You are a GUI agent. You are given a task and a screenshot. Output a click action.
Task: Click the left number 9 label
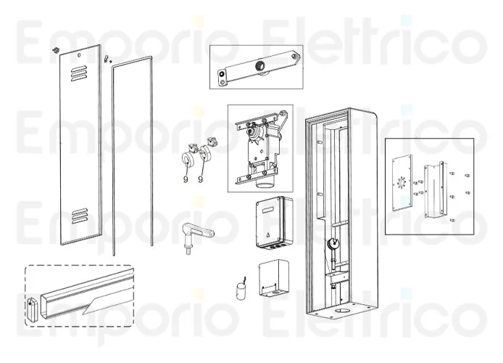tap(186, 179)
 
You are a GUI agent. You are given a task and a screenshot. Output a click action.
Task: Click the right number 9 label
tap(201, 179)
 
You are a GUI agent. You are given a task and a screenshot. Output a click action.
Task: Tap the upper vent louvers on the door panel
tap(78, 73)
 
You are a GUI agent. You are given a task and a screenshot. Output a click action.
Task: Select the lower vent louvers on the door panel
tap(80, 216)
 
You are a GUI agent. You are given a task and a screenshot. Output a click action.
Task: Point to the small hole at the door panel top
tap(79, 55)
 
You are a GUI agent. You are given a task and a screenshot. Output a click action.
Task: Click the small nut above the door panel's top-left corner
tap(57, 50)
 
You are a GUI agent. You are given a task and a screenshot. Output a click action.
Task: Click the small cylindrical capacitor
tap(241, 290)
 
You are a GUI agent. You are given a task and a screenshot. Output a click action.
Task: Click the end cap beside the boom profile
tap(33, 309)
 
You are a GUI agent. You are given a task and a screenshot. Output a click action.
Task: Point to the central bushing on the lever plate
tap(259, 67)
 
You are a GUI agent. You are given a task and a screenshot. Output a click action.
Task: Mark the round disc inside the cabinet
tap(333, 244)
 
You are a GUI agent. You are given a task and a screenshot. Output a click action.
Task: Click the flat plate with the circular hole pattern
tap(401, 183)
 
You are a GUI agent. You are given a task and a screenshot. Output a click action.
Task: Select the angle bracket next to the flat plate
tap(435, 190)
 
